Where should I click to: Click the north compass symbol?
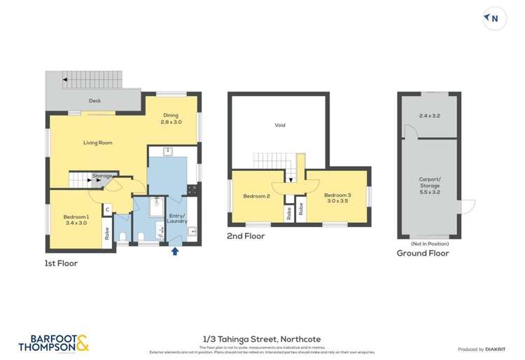493,19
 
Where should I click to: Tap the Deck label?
94,101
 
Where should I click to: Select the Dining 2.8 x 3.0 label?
171,118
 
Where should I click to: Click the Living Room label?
98,143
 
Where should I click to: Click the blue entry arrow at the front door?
175,250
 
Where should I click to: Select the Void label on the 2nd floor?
280,125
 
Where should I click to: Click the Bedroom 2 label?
256,196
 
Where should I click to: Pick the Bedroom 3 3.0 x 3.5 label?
341,198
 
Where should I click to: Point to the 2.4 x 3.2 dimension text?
429,115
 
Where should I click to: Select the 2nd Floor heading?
245,237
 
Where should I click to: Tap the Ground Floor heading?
423,254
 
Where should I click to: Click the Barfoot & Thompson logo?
52,342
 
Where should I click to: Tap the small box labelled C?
107,209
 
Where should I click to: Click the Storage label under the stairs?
103,175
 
